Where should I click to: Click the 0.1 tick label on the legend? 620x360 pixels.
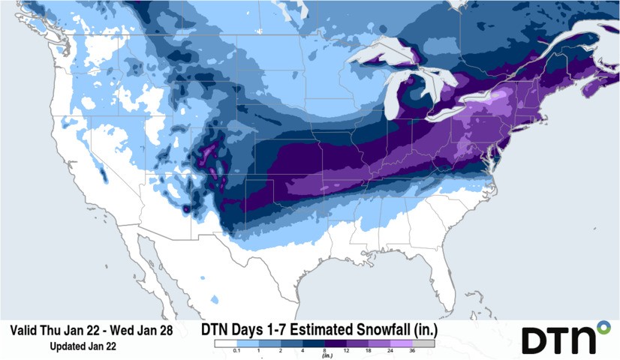(x=236, y=350)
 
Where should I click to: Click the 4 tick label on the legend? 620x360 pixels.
(x=302, y=350)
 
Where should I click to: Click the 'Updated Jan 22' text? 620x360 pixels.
(x=83, y=346)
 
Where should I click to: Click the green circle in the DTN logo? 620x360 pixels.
(x=603, y=327)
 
